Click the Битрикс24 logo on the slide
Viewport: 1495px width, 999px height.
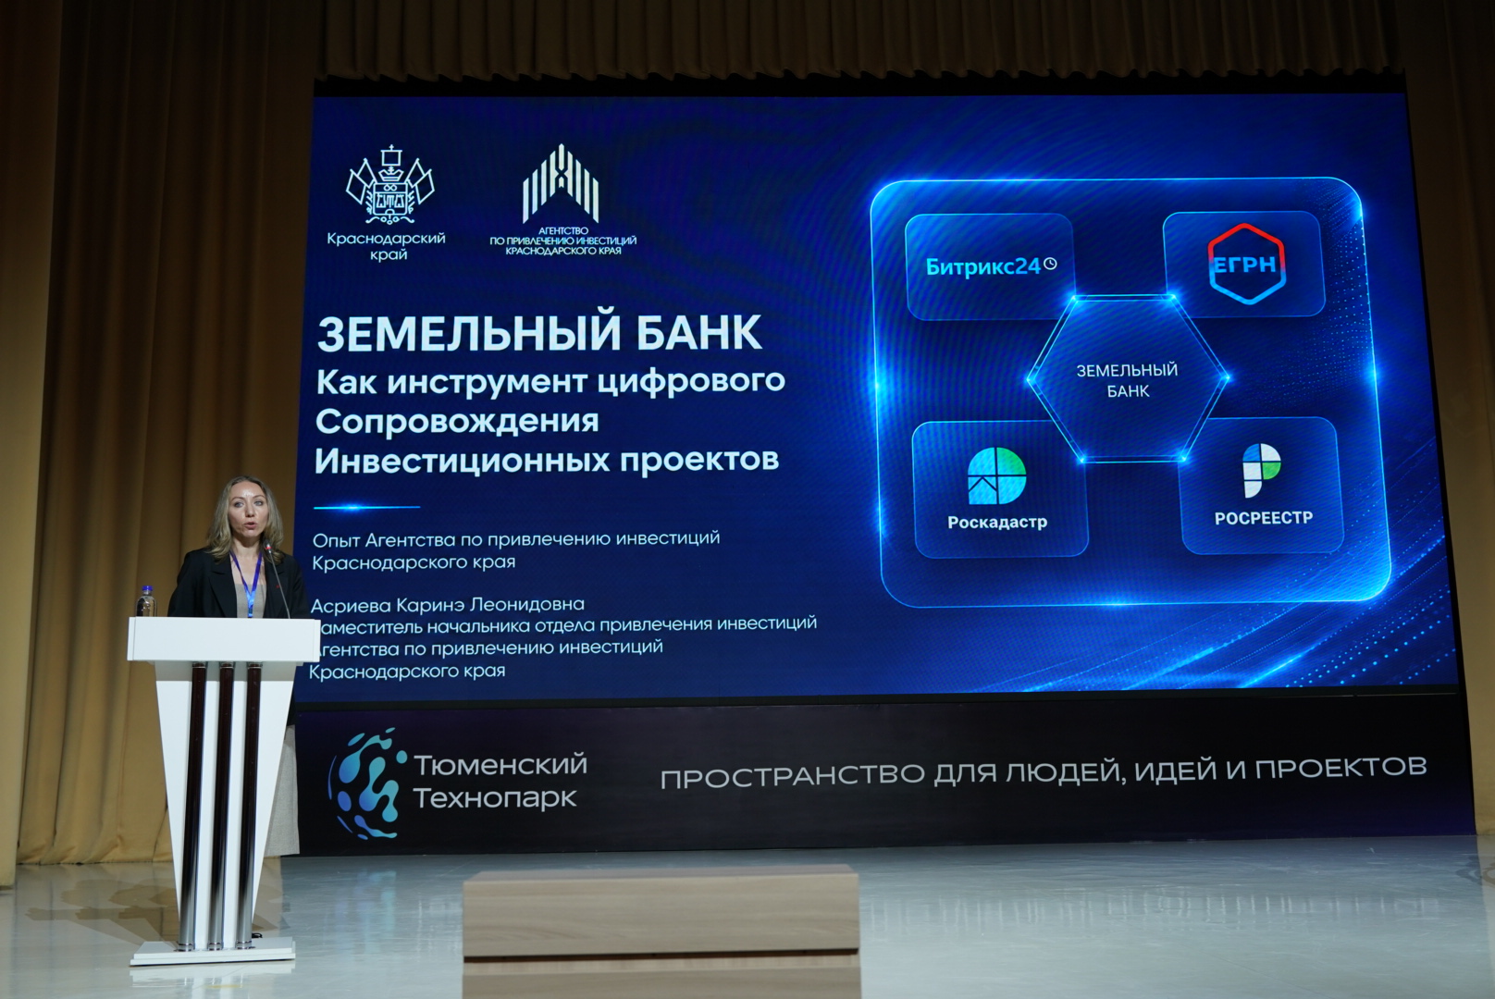point(991,266)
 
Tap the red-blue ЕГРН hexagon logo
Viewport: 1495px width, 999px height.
point(1246,265)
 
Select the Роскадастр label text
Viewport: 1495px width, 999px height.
point(997,522)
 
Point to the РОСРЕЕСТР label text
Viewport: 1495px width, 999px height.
point(1264,518)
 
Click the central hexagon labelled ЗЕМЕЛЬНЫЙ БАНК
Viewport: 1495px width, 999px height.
point(1128,379)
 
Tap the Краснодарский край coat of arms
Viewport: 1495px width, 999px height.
point(390,185)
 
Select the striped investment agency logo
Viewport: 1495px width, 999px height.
point(561,183)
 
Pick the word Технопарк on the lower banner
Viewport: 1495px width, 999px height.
point(495,798)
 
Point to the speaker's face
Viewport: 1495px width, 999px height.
point(247,515)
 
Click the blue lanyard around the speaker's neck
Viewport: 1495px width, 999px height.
point(247,582)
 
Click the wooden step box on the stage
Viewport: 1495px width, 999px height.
point(661,931)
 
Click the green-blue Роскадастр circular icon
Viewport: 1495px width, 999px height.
point(996,475)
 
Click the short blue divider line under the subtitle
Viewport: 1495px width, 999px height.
point(366,507)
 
